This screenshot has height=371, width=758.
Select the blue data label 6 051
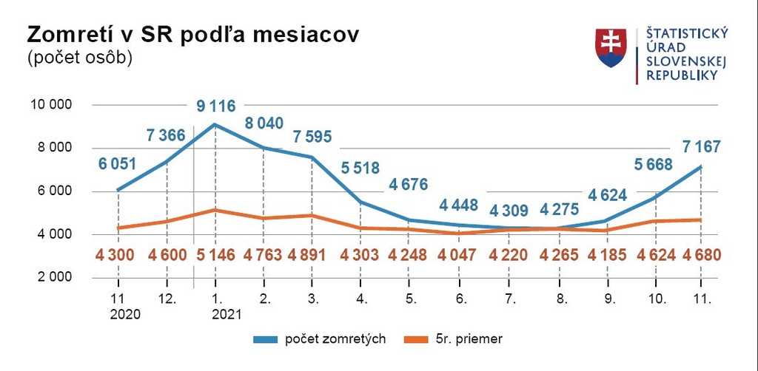[117, 164]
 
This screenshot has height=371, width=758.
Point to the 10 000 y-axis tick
[50, 105]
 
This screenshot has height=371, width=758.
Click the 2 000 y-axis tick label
[54, 278]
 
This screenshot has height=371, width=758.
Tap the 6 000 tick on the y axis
[54, 191]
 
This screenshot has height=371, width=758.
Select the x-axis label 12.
[167, 300]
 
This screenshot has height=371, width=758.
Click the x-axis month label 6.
[461, 300]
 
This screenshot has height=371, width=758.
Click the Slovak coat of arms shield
[611, 48]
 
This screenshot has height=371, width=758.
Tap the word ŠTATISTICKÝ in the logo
[687, 33]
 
